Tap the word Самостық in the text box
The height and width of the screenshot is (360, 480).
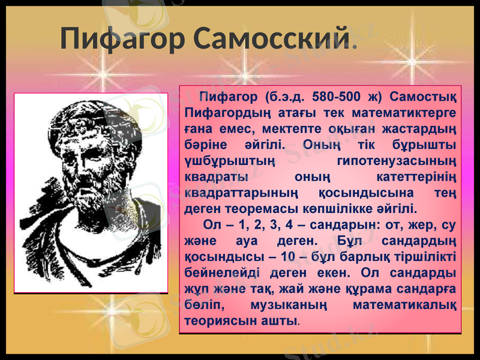(422, 97)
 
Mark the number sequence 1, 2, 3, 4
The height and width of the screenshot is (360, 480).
(271, 226)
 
